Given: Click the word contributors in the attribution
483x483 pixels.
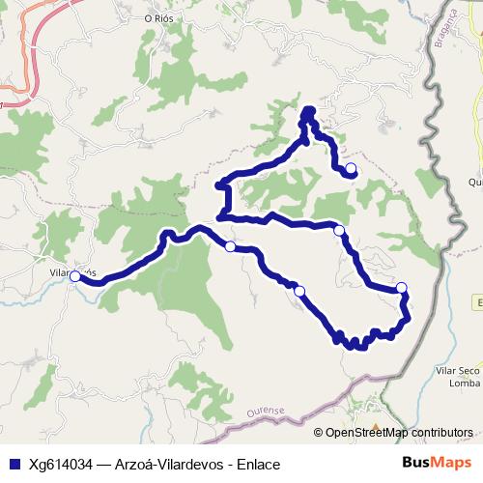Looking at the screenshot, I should [x=439, y=433].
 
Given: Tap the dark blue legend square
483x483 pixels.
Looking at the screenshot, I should [x=14, y=464].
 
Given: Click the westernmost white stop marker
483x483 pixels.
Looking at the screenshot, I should [x=75, y=277].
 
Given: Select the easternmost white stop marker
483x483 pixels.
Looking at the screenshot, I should [x=402, y=288].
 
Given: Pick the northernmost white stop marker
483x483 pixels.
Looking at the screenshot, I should [x=351, y=169].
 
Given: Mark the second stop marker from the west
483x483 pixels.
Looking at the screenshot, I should [x=230, y=247].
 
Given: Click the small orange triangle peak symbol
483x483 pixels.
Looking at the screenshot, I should [x=376, y=426].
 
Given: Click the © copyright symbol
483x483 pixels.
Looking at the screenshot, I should [x=319, y=433].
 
